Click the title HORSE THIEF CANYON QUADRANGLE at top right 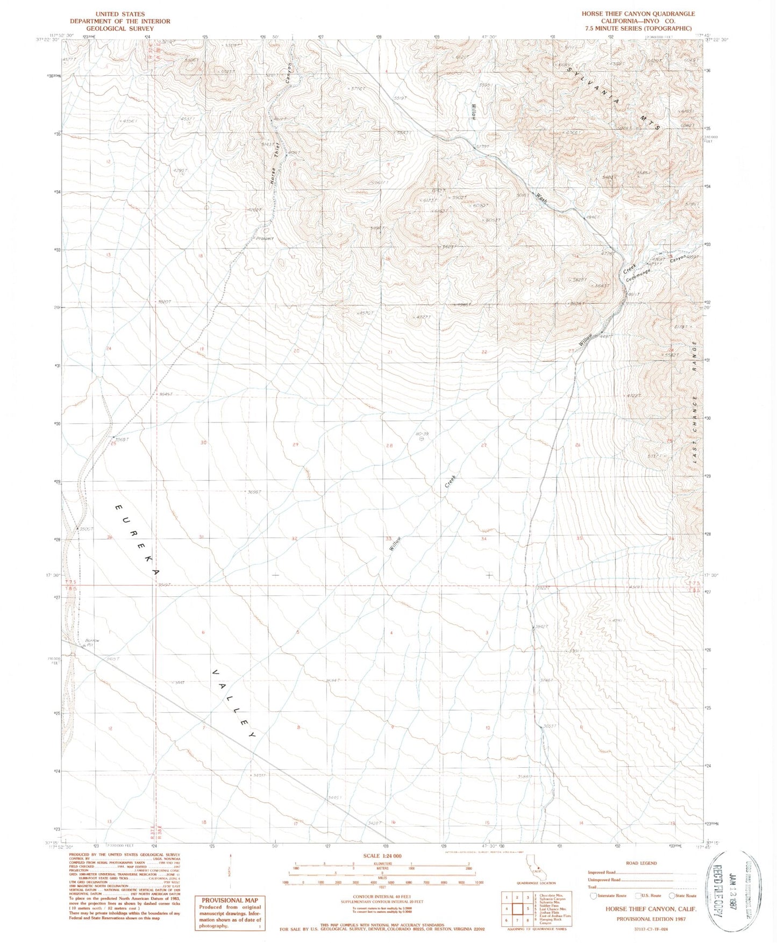tap(638, 14)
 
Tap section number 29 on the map tap(295, 445)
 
